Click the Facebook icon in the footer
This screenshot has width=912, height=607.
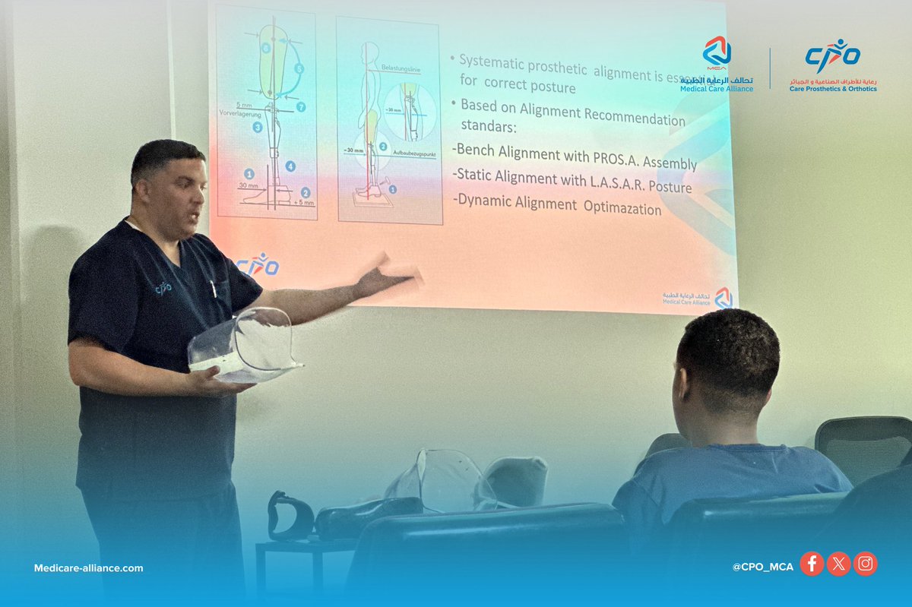click(812, 564)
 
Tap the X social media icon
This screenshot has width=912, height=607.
click(838, 564)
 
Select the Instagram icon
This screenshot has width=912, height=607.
click(865, 564)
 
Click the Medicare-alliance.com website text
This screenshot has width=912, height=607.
click(88, 568)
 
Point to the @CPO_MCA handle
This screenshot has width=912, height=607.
click(762, 567)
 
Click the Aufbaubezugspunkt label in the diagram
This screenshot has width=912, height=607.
click(413, 153)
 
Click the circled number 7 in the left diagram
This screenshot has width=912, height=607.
click(301, 107)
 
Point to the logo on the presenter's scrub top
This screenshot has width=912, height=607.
click(163, 288)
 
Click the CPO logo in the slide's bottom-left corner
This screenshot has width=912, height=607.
click(258, 264)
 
